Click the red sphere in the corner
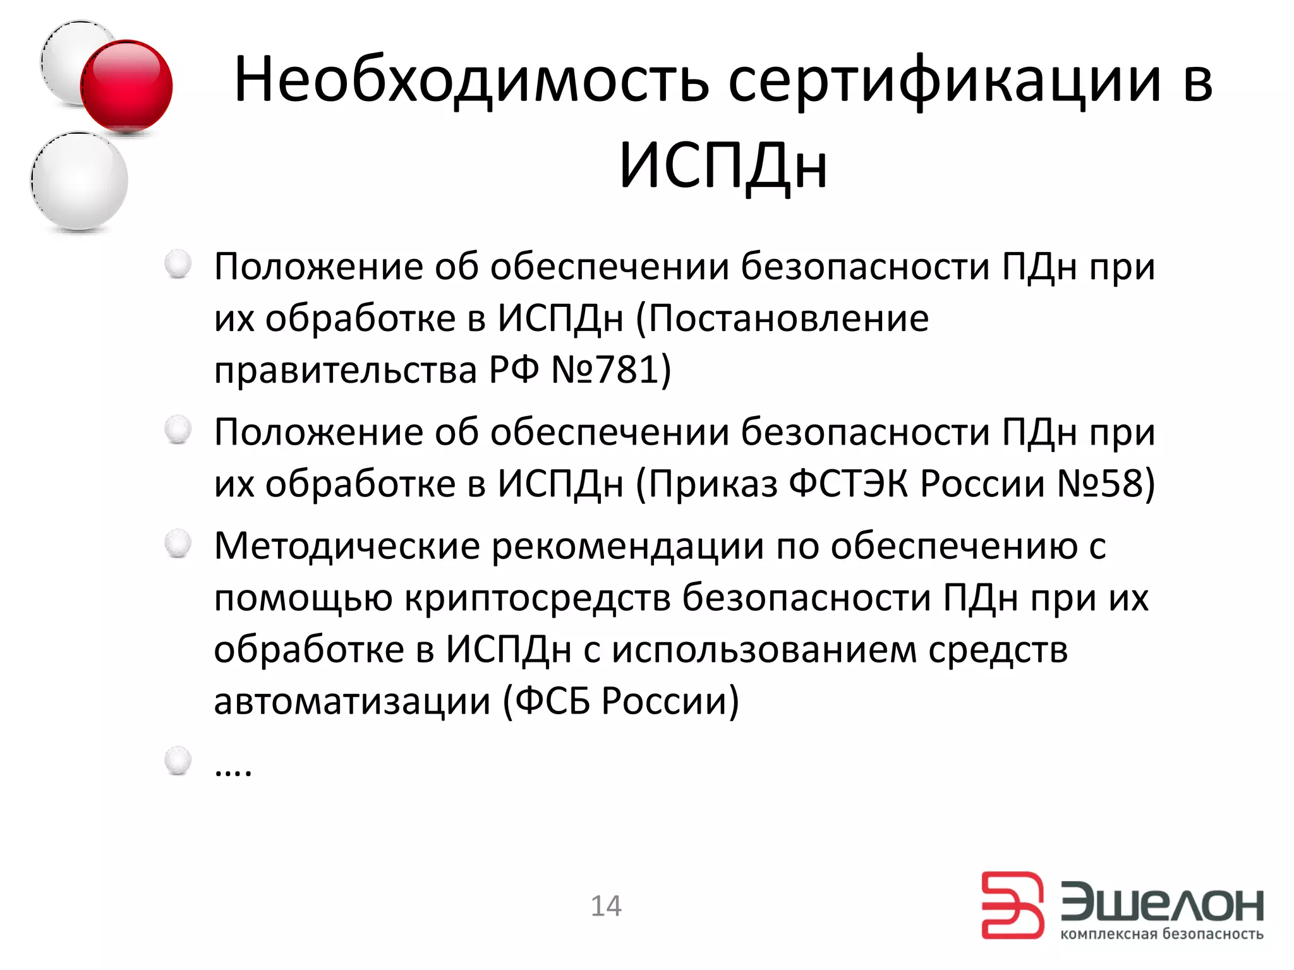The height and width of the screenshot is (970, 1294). [x=126, y=86]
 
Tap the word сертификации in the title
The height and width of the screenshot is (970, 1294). [x=945, y=81]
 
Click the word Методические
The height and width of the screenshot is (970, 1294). [x=347, y=546]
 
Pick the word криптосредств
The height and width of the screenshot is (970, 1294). [x=537, y=598]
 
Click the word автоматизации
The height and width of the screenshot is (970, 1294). [x=352, y=701]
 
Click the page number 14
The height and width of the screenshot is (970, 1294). [x=606, y=906]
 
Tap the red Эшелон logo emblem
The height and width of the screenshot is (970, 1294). [x=1012, y=905]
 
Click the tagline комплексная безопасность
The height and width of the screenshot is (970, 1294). [x=1161, y=934]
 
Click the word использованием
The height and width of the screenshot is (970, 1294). [x=764, y=650]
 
